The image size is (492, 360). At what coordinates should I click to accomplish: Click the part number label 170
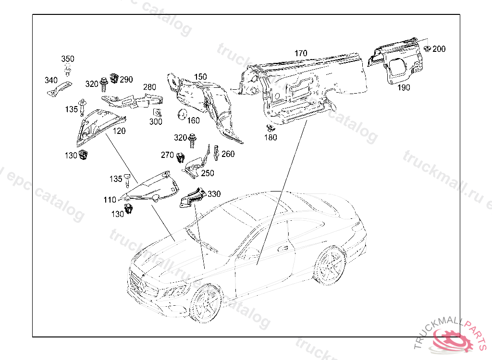pyautogui.click(x=301, y=53)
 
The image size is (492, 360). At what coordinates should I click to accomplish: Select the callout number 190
pyautogui.click(x=404, y=87)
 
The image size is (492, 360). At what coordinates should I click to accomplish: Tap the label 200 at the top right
pyautogui.click(x=439, y=49)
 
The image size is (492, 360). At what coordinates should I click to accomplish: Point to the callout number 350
pyautogui.click(x=68, y=59)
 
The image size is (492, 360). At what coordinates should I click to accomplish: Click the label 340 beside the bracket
pyautogui.click(x=51, y=80)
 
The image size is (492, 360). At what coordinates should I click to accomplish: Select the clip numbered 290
pyautogui.click(x=114, y=77)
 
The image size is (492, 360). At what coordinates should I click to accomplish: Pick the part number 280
pyautogui.click(x=149, y=87)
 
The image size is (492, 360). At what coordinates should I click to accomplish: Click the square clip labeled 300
pyautogui.click(x=157, y=113)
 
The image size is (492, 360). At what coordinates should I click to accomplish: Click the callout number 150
pyautogui.click(x=200, y=77)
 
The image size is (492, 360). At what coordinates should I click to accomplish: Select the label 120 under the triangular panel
pyautogui.click(x=119, y=131)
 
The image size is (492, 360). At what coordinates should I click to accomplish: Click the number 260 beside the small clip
pyautogui.click(x=228, y=154)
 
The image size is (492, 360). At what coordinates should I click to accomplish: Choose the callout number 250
pyautogui.click(x=208, y=173)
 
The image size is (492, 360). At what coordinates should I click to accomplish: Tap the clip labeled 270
pyautogui.click(x=181, y=156)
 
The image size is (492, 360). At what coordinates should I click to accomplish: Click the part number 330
pyautogui.click(x=214, y=194)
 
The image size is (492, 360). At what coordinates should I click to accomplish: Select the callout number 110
pyautogui.click(x=110, y=200)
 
